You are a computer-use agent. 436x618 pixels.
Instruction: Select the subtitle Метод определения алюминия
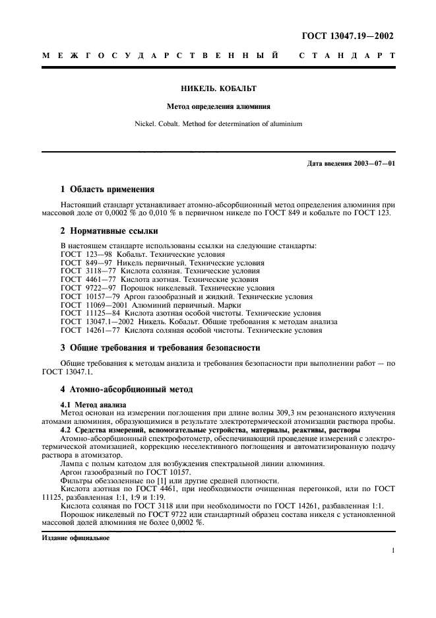pyautogui.click(x=218, y=106)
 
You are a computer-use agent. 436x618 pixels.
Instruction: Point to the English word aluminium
pyautogui.click(x=282, y=123)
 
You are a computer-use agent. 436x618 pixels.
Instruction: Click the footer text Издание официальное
pyautogui.click(x=75, y=537)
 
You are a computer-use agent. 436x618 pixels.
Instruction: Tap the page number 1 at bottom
pyautogui.click(x=392, y=550)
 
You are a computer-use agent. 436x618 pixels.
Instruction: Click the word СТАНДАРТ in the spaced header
pyautogui.click(x=348, y=57)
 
